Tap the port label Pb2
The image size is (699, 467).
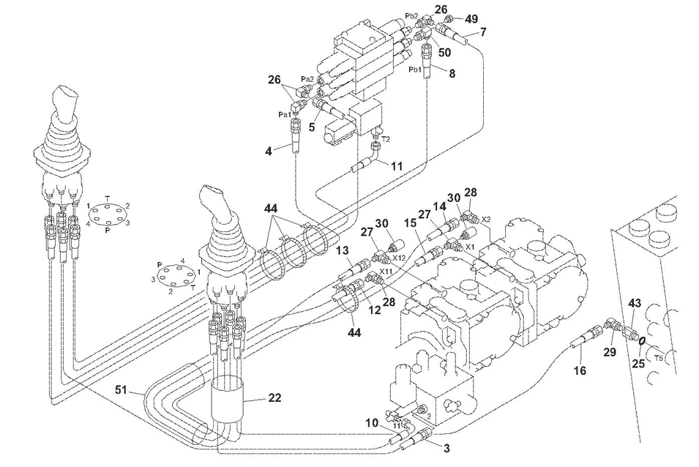411,16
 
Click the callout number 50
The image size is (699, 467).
445,52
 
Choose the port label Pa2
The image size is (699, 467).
307,79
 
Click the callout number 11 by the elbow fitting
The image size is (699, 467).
396,166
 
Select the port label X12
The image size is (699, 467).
398,258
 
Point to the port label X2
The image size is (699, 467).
486,218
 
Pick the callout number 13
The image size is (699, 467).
343,251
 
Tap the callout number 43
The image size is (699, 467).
634,303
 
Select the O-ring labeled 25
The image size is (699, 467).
640,340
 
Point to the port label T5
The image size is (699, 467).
659,359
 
